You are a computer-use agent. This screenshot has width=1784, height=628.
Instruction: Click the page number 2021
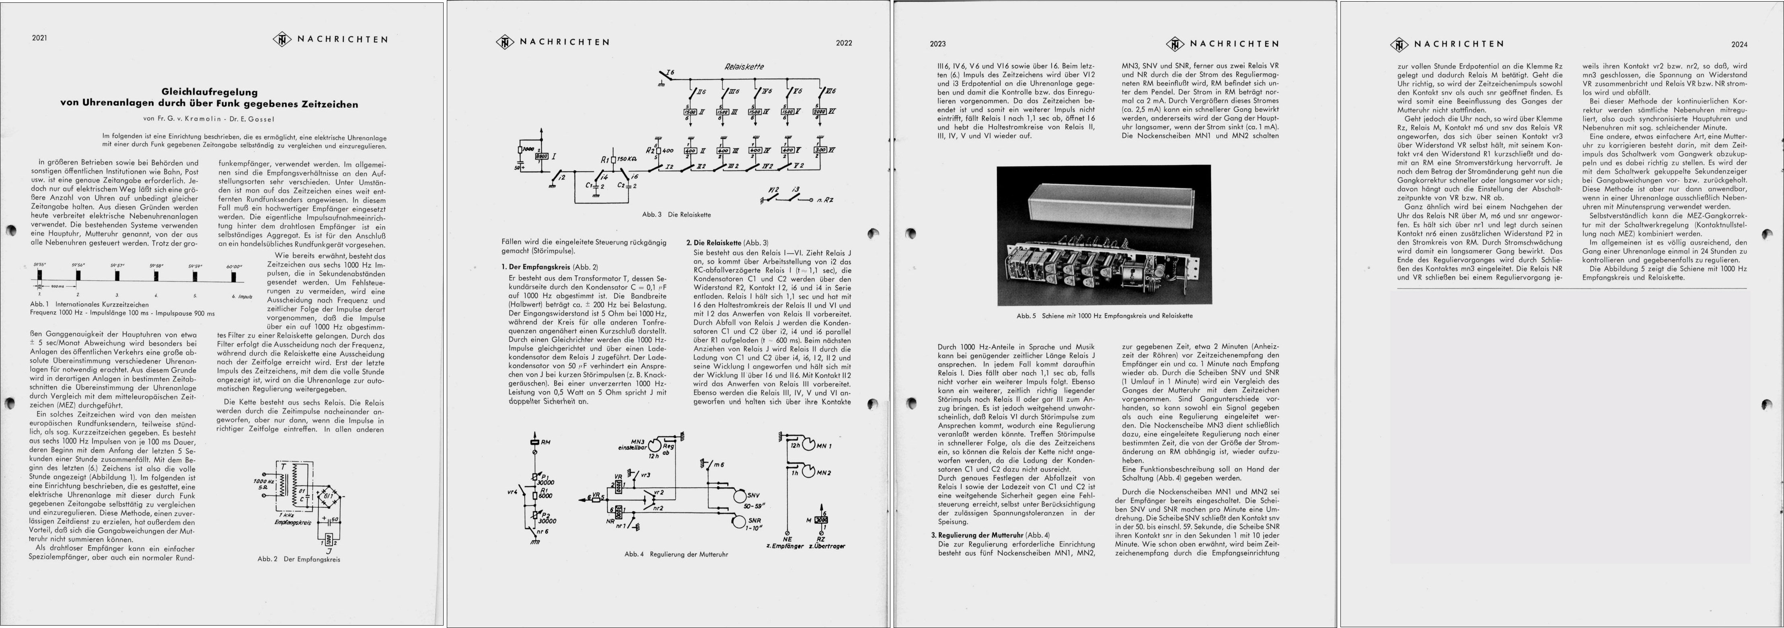click(39, 38)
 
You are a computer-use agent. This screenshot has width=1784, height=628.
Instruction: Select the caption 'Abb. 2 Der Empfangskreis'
click(298, 559)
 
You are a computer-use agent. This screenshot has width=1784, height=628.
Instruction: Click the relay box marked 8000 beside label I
click(542, 156)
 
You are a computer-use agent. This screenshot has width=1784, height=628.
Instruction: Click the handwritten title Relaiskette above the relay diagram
click(744, 66)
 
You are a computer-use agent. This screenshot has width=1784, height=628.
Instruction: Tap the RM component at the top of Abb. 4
click(534, 441)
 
